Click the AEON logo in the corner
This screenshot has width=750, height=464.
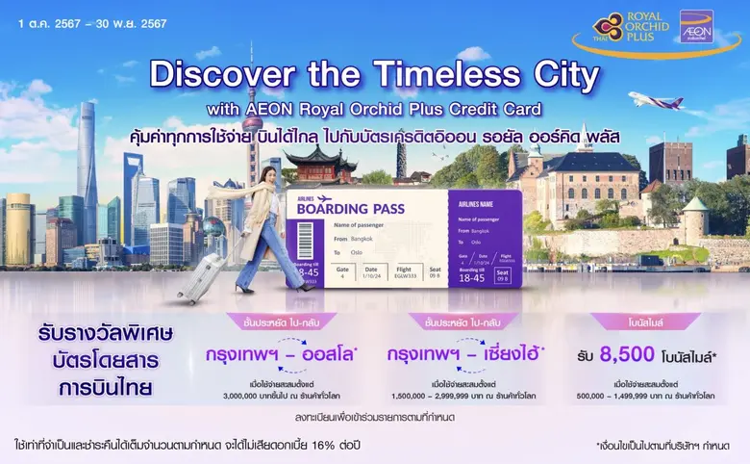697,26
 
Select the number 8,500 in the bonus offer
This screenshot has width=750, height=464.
628,355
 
